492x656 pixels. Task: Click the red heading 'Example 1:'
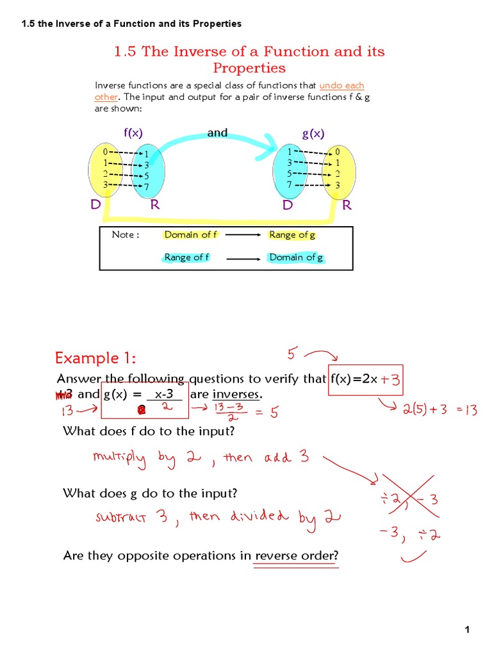95,357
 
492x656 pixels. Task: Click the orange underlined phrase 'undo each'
341,85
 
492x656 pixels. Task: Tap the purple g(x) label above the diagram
313,133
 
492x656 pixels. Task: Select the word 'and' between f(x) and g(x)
217,132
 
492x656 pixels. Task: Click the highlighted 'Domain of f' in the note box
190,234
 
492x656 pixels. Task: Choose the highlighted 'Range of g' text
292,234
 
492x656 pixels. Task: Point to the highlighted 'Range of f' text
187,258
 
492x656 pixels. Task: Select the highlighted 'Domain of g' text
295,258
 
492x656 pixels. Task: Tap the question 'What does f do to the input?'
149,430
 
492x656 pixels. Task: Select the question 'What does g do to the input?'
150,493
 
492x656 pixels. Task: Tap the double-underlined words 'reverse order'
295,555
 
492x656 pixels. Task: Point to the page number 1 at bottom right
468,630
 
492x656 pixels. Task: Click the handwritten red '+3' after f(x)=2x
390,379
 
